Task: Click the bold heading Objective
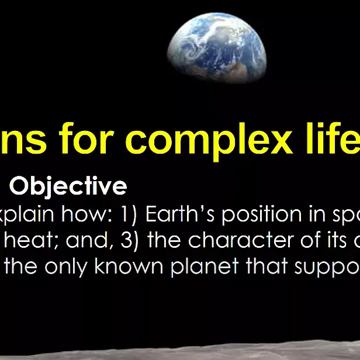(68, 186)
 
